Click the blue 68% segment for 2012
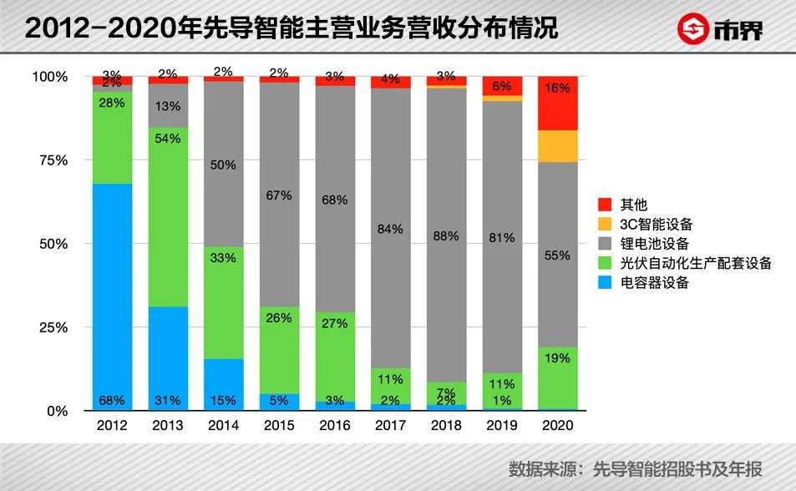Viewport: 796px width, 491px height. coord(112,296)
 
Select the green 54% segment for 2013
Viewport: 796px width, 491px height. coord(168,217)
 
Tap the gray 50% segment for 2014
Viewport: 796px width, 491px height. coord(223,164)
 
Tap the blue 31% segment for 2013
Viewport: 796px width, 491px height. coord(168,358)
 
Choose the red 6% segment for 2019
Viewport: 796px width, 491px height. coord(502,85)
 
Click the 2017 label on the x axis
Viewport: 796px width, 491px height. coord(390,426)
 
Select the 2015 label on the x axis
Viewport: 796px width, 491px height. coord(279,426)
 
